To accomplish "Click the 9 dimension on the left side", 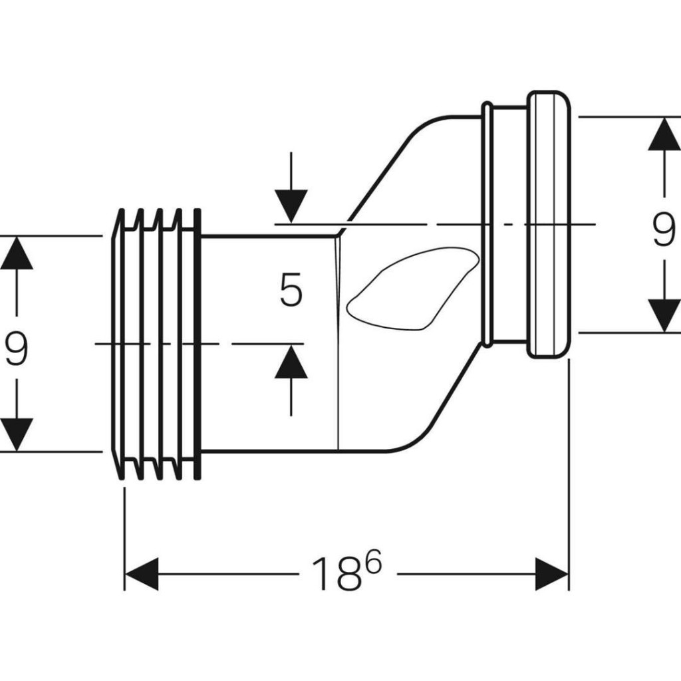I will click(x=17, y=350).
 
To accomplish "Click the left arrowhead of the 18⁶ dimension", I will click(x=141, y=574).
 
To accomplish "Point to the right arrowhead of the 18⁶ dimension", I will click(x=552, y=574).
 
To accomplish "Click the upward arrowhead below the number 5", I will click(x=291, y=362).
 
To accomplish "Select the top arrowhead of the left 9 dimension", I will click(x=17, y=253).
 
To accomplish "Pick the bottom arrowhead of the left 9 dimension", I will click(x=17, y=434).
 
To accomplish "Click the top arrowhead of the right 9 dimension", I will click(x=664, y=135).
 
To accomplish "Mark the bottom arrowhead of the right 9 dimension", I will click(x=664, y=315).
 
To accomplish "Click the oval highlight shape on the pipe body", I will click(x=412, y=289).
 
